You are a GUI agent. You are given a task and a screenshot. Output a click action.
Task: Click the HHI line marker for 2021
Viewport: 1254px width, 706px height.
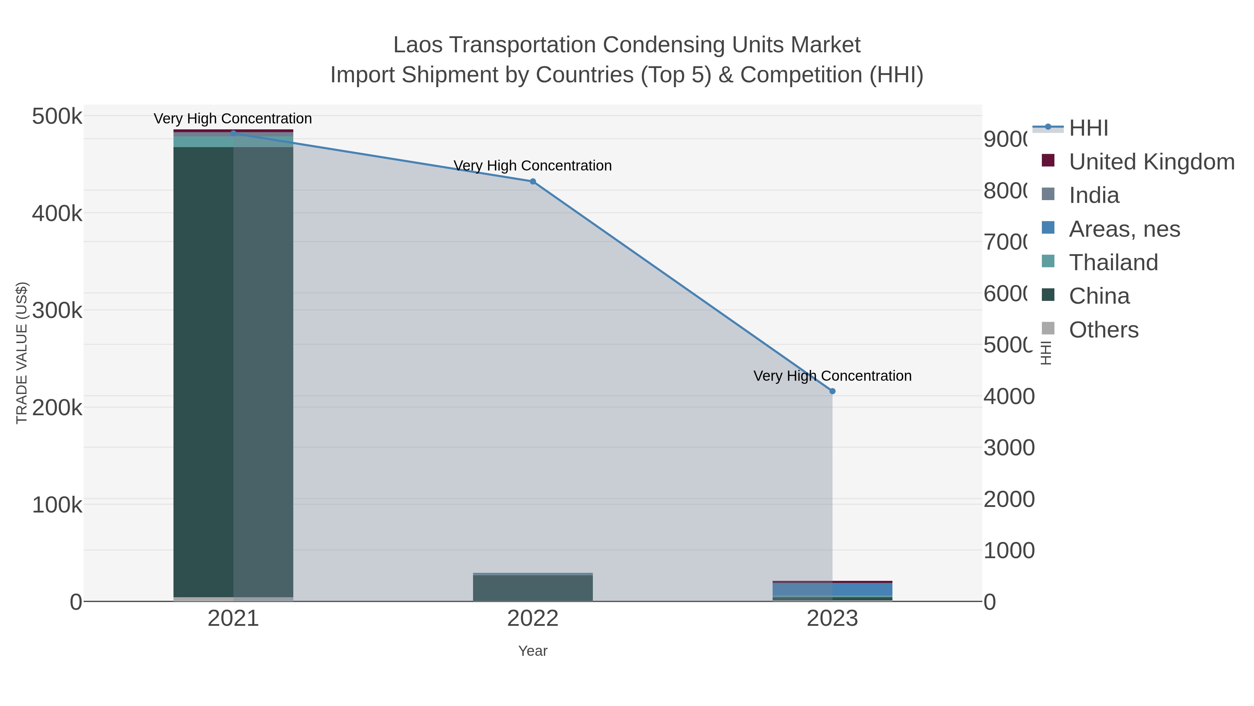point(233,133)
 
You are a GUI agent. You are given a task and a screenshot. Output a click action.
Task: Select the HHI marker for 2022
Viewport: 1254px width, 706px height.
point(533,181)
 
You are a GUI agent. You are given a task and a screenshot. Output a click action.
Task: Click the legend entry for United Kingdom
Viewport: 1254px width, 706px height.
point(1151,162)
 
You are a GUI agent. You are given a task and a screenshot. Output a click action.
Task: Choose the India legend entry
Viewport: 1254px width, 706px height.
point(1094,195)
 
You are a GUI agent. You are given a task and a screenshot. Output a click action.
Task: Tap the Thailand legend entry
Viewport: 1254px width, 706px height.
point(1113,263)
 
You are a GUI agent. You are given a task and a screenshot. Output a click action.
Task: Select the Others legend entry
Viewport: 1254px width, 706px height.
point(1103,330)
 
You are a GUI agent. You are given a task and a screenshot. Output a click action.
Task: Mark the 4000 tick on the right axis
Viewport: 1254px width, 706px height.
point(1009,396)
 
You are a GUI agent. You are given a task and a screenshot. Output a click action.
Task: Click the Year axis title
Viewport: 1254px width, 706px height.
point(533,651)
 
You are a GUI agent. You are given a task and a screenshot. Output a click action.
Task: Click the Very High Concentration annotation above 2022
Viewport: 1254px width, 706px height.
point(533,166)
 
